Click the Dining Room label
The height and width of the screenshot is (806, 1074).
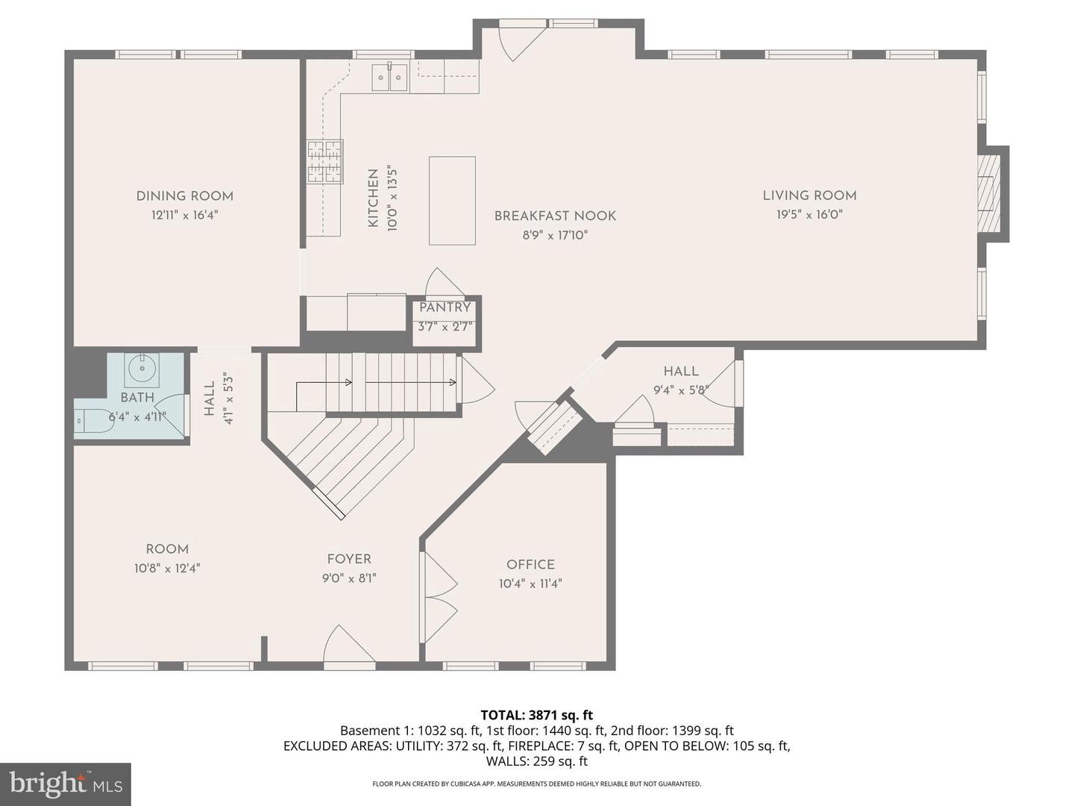click(x=184, y=196)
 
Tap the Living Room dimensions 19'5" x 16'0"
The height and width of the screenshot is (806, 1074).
click(x=808, y=215)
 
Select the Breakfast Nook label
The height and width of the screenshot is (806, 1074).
click(x=555, y=216)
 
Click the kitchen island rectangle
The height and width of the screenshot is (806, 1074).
click(x=452, y=201)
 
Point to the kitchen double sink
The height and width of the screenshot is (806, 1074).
click(x=389, y=77)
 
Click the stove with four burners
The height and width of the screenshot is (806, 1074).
click(x=325, y=161)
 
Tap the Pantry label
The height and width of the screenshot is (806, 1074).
click(x=445, y=307)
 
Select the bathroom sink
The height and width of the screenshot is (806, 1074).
click(x=141, y=368)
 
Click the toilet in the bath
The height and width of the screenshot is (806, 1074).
click(x=91, y=421)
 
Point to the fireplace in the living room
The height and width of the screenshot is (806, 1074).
click(x=989, y=194)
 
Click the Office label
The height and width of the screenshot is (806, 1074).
click(x=530, y=565)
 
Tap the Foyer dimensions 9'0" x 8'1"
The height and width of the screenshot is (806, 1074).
click(x=349, y=578)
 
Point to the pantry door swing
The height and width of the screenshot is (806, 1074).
click(x=443, y=284)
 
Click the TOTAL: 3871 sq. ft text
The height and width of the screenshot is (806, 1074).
click(x=536, y=716)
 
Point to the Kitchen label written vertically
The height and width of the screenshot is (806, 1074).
click(x=373, y=199)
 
